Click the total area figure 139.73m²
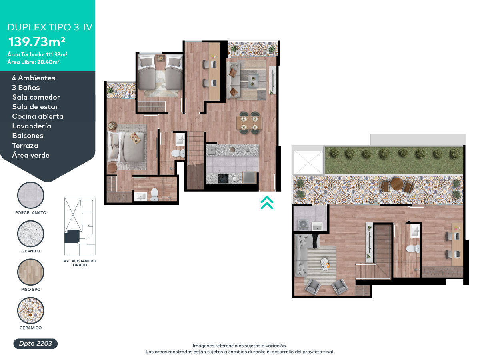37,42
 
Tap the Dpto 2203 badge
36,343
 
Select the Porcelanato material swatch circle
31,195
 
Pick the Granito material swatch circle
31,234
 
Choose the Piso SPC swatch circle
31,272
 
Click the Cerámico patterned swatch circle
31,310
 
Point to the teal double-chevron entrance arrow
267,203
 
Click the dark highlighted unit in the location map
72,236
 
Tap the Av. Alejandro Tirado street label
80,263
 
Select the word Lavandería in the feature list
32,126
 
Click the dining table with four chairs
249,123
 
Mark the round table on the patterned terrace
397,184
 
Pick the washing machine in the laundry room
303,225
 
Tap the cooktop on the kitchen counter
223,178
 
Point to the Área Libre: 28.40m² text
34,62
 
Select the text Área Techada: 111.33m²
37,54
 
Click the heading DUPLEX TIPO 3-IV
50,27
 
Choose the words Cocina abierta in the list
38,116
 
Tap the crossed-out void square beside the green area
308,162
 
